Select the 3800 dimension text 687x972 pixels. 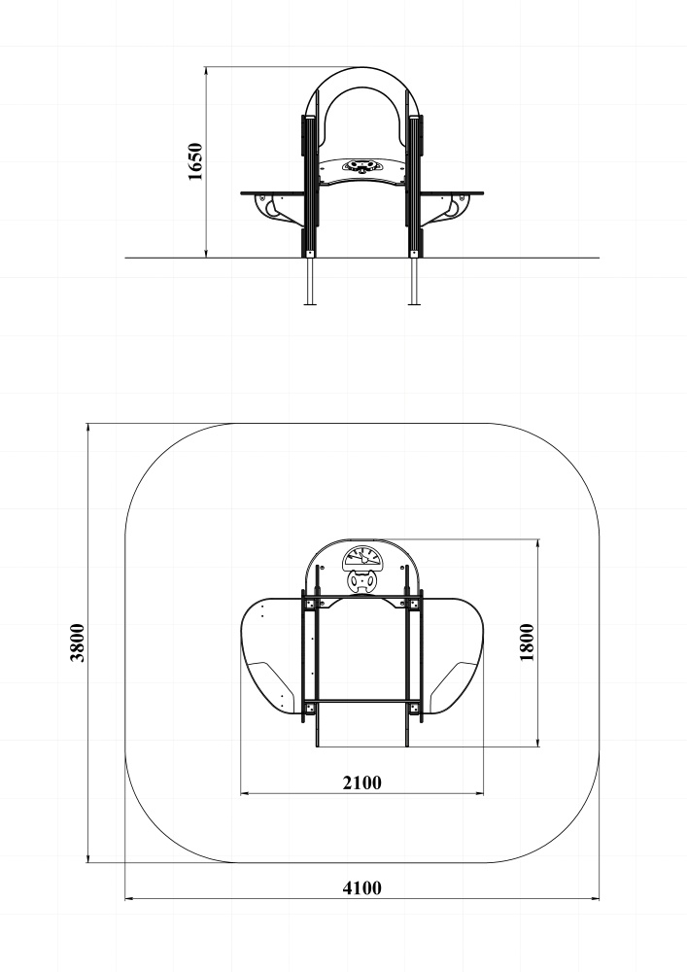(x=78, y=642)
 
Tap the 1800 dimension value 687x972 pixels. (x=527, y=642)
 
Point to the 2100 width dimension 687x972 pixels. (x=361, y=782)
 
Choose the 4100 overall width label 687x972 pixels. (x=361, y=886)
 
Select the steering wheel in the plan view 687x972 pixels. (x=362, y=582)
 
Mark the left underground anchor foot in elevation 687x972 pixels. (x=311, y=282)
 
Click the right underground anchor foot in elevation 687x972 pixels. (x=415, y=282)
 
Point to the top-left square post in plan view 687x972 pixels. (x=311, y=605)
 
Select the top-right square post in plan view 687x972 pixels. (x=415, y=605)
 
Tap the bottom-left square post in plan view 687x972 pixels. (x=311, y=707)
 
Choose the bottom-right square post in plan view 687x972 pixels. (x=415, y=707)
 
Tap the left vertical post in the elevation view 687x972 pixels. (x=310, y=185)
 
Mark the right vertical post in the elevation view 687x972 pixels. (x=415, y=185)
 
